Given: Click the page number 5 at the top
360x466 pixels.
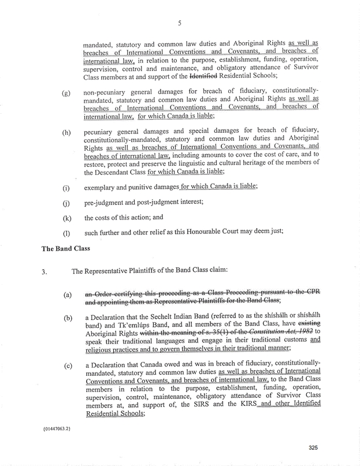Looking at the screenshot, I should tap(180, 24).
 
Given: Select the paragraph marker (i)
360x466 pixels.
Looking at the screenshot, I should tap(66, 188).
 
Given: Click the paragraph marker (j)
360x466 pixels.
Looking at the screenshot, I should tap(66, 203).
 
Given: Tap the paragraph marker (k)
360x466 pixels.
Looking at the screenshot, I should tap(66, 218).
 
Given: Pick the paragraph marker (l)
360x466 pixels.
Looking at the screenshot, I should tap(66, 233).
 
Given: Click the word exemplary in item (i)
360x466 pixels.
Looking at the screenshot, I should tap(102, 188).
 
